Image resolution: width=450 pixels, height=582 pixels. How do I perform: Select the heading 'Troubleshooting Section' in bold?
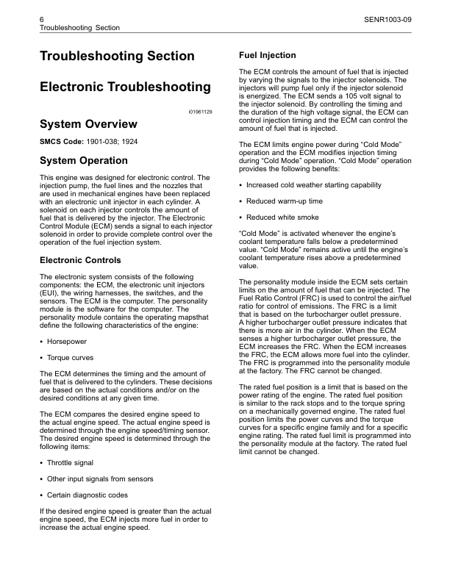(x=117, y=57)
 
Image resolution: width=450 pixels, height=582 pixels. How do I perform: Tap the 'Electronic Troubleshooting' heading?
(x=124, y=87)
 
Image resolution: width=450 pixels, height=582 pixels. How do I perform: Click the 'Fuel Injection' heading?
(x=268, y=55)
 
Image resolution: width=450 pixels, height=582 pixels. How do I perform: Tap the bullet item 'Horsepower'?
(x=68, y=343)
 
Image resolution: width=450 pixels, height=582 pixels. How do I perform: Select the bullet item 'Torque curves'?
(x=71, y=358)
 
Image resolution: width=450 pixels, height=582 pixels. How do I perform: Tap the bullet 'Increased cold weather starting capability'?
(x=318, y=184)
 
